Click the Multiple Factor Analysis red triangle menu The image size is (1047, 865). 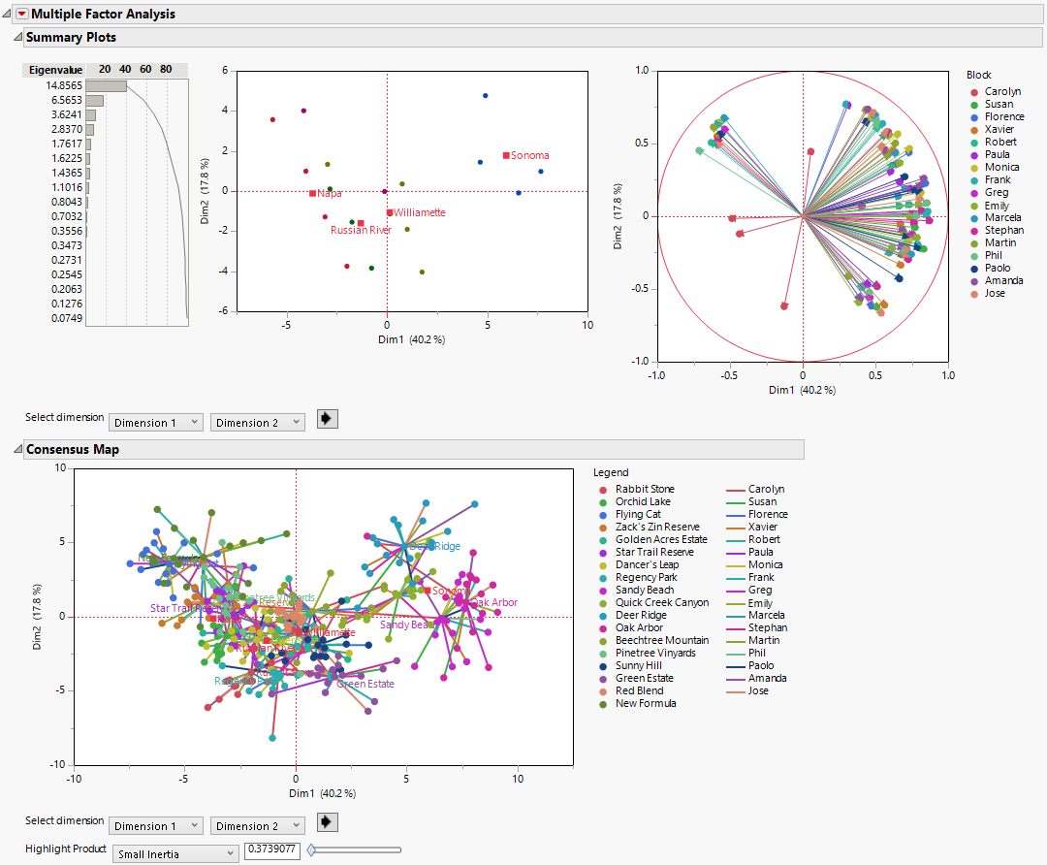pyautogui.click(x=21, y=15)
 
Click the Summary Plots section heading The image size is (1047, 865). pyautogui.click(x=71, y=37)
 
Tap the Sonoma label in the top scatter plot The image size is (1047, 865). pyautogui.click(x=529, y=155)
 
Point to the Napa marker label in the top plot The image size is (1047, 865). pyautogui.click(x=329, y=194)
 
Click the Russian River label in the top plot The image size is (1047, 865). pyautogui.click(x=361, y=231)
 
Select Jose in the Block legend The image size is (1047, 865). pyautogui.click(x=994, y=293)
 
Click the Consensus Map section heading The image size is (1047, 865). pyautogui.click(x=73, y=449)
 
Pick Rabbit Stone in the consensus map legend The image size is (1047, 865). pyautogui.click(x=644, y=489)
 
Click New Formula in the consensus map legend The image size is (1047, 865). pyautogui.click(x=646, y=703)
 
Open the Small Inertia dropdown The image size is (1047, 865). pyautogui.click(x=175, y=853)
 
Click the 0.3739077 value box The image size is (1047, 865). pyautogui.click(x=271, y=850)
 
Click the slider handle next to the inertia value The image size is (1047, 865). pyautogui.click(x=311, y=850)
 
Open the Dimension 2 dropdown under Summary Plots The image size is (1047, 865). pyautogui.click(x=257, y=423)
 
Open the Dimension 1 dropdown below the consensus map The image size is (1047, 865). pyautogui.click(x=156, y=826)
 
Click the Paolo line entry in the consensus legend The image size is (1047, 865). pyautogui.click(x=761, y=665)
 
